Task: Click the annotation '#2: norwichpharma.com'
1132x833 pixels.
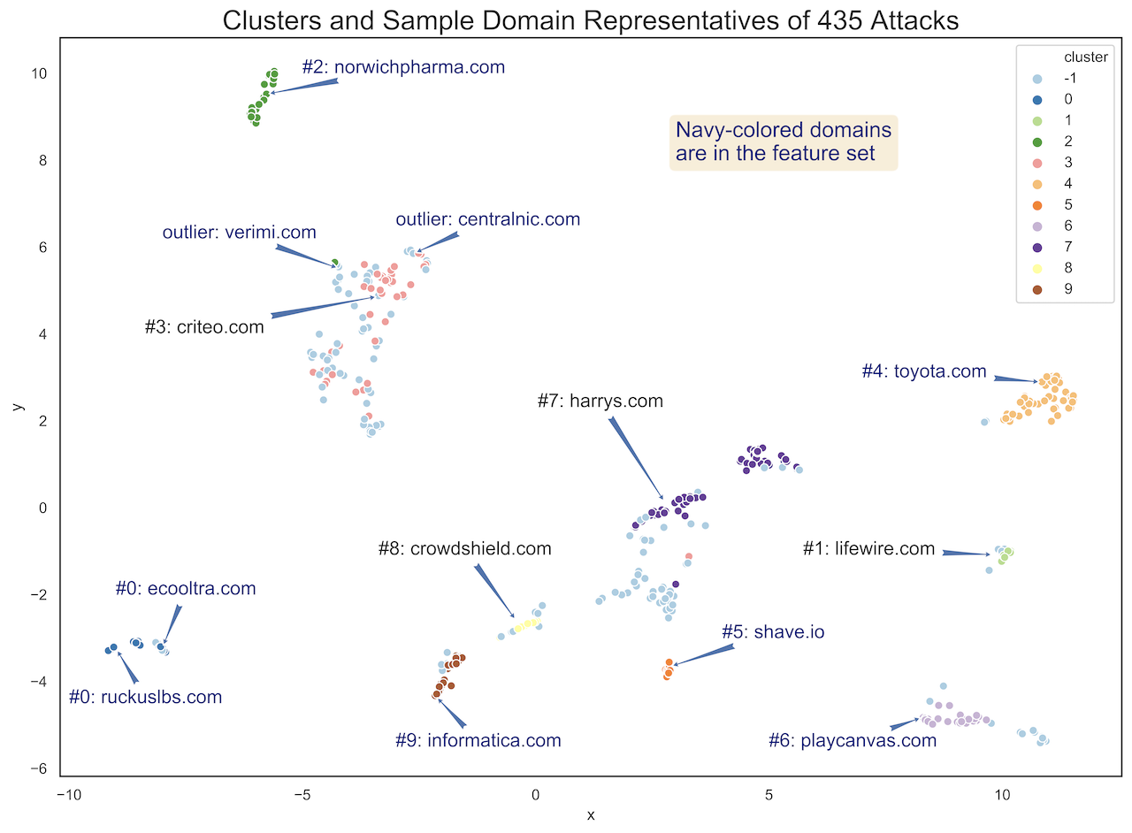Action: point(403,67)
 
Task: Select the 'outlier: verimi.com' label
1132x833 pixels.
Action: point(239,233)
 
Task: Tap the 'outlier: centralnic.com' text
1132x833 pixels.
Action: point(487,219)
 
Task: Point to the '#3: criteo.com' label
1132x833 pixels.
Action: point(204,327)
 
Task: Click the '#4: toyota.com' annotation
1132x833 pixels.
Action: point(924,371)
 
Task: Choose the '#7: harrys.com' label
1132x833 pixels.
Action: point(600,401)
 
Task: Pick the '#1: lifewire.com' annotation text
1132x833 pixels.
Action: point(868,549)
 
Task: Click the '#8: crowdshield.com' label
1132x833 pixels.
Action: point(464,549)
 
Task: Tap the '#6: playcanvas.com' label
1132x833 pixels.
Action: point(853,741)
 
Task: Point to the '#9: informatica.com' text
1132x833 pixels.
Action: point(478,741)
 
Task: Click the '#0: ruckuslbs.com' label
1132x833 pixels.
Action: point(146,698)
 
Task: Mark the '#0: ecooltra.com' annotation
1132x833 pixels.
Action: point(186,589)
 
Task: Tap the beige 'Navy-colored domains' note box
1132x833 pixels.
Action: point(784,141)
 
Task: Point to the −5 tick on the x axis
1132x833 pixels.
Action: point(302,795)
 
